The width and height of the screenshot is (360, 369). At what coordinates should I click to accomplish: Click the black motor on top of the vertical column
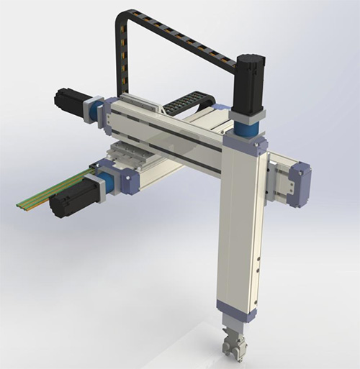coord(248,83)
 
